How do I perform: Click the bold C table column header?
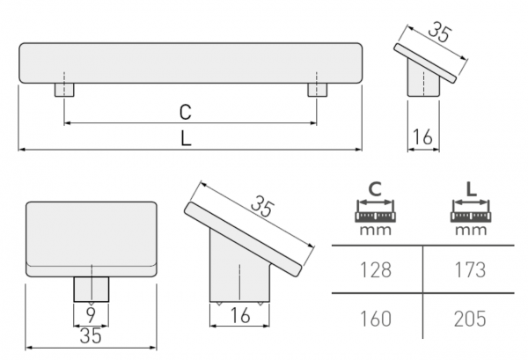pos(375,188)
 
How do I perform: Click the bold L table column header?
pos(472,188)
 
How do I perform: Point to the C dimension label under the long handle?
pos(186,112)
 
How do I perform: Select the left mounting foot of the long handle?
pos(65,90)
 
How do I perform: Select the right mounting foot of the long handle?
pos(317,90)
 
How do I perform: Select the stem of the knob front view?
pos(91,288)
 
